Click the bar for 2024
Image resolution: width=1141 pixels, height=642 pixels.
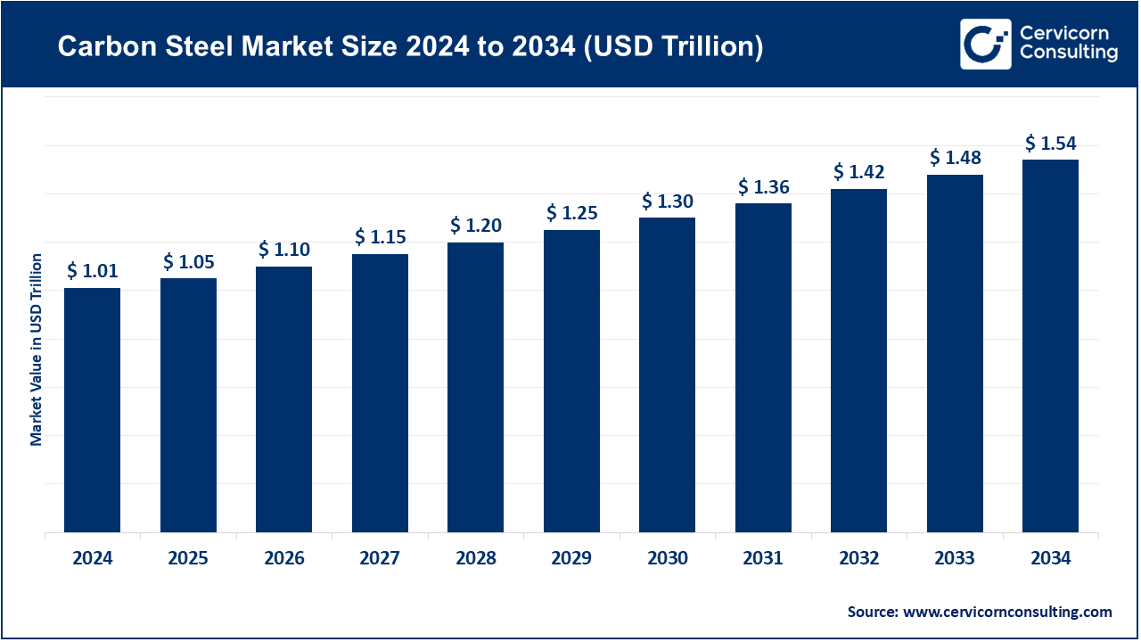(93, 410)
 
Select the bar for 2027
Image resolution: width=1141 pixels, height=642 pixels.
(380, 393)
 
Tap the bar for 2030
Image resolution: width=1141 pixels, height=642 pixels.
(668, 374)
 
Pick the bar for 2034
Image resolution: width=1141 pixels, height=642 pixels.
(1050, 346)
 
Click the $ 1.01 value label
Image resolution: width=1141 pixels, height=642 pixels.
(93, 271)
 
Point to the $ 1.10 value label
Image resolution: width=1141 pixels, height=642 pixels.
(284, 250)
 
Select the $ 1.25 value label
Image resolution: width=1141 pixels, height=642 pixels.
(571, 213)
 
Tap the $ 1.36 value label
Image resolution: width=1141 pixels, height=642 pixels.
(763, 187)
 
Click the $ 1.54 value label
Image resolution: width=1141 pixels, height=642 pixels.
(1050, 144)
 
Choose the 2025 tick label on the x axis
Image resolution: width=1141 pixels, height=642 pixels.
(188, 559)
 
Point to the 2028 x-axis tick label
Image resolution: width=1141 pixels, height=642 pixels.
(475, 559)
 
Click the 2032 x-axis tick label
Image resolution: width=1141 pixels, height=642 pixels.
(858, 559)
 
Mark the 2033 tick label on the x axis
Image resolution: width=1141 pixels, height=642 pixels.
(955, 559)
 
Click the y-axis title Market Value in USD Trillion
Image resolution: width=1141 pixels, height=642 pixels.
(37, 350)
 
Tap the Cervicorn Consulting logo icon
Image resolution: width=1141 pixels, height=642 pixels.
(985, 44)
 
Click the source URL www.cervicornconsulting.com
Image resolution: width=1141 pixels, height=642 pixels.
(1007, 612)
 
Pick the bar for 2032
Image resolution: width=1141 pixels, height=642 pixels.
(858, 360)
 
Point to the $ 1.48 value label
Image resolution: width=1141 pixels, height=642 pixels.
(955, 158)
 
